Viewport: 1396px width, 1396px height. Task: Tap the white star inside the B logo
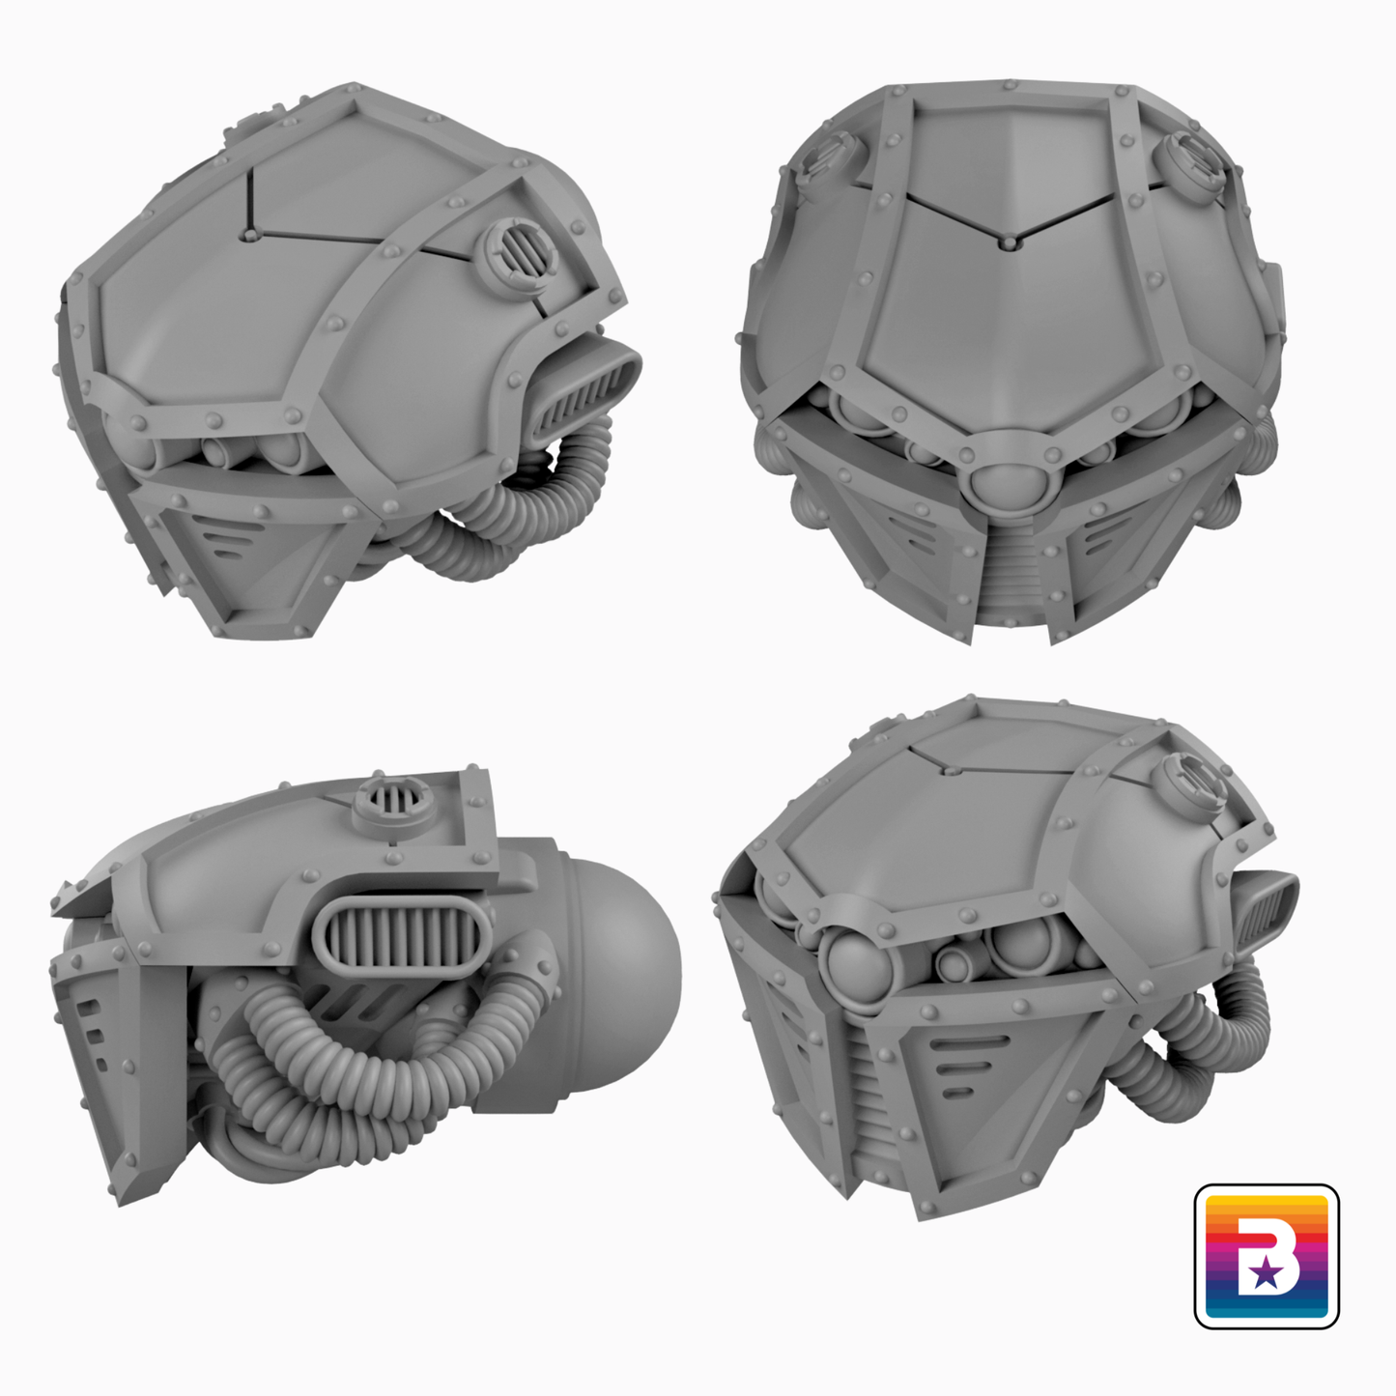[1265, 1273]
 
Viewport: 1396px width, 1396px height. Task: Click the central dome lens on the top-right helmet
[1008, 484]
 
